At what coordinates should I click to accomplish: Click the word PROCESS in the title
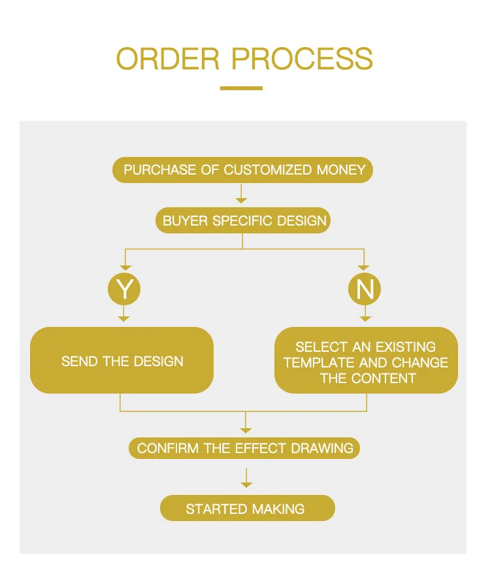click(x=302, y=59)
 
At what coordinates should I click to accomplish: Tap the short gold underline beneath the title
click(x=241, y=88)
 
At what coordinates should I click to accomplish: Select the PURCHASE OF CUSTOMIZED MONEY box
click(x=244, y=170)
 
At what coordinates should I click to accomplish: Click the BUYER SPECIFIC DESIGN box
click(x=244, y=220)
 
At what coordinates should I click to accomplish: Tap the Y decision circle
click(x=124, y=289)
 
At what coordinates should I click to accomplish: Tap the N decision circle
click(x=365, y=289)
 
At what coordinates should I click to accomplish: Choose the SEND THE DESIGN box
click(x=122, y=361)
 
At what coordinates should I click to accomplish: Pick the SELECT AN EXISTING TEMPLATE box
click(x=366, y=361)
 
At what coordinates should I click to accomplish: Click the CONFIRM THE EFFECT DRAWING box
click(x=245, y=449)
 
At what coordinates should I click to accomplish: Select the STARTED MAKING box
click(x=247, y=509)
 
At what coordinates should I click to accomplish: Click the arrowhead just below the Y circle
click(x=124, y=318)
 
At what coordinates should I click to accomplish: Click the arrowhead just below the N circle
click(x=365, y=318)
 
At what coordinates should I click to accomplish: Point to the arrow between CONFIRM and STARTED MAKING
click(x=246, y=478)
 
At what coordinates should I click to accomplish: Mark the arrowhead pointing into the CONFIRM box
click(x=246, y=430)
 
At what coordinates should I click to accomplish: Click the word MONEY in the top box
click(x=341, y=170)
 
